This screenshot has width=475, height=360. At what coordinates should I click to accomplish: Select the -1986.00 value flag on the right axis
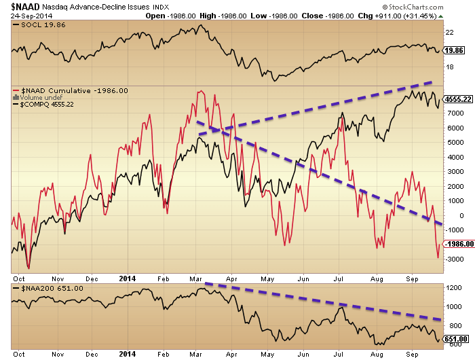(457, 243)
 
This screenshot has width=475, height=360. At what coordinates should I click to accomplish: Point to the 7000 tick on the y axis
(451, 113)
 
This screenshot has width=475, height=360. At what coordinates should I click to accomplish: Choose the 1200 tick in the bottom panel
(452, 289)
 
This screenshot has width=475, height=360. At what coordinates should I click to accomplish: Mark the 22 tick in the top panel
(449, 32)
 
